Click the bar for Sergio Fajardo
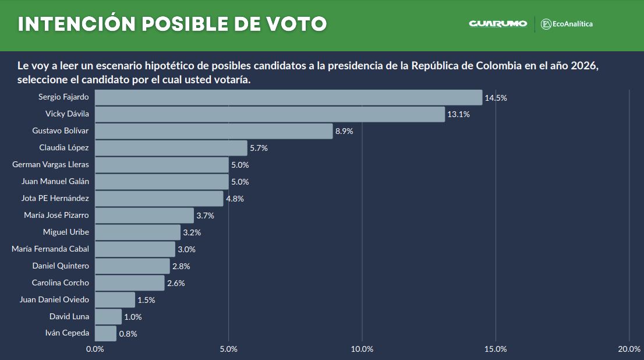[288, 97]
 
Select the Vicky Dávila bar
[270, 114]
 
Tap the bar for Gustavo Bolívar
[214, 131]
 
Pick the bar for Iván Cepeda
[105, 333]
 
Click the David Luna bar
[108, 317]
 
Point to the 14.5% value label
[496, 98]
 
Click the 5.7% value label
[259, 148]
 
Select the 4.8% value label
[235, 199]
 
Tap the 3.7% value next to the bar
[205, 216]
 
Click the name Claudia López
[64, 148]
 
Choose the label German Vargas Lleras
[51, 165]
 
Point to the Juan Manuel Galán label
[55, 182]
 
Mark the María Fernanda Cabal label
[51, 249]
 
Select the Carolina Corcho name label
[61, 283]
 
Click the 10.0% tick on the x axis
[362, 349]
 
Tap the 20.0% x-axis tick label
[629, 349]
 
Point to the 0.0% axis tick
[95, 349]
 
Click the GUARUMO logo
[498, 24]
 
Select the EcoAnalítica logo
[567, 24]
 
